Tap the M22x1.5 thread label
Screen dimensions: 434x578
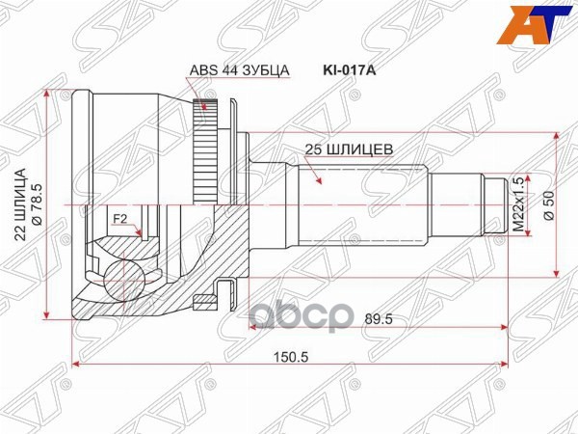coord(517,203)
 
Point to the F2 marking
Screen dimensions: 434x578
coord(120,220)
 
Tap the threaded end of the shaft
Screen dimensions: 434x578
coord(495,204)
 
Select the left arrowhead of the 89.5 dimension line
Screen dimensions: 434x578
coord(256,327)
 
